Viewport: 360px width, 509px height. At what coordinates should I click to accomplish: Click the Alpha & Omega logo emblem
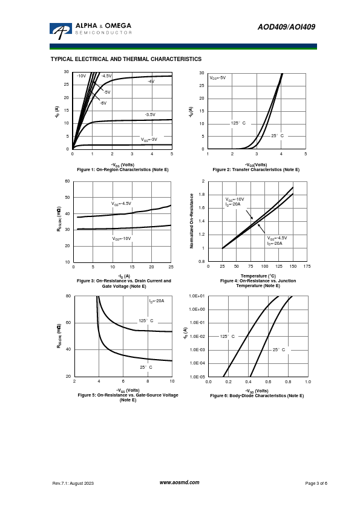coord(61,31)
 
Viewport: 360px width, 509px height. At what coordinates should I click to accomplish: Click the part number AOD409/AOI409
coord(286,27)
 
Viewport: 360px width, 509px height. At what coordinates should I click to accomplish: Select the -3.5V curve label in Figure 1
coord(150,115)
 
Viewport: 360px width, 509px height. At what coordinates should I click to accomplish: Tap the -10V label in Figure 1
coord(81,76)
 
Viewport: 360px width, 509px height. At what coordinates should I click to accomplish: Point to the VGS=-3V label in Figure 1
coord(149,139)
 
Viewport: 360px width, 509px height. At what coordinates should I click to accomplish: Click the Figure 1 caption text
coord(123,169)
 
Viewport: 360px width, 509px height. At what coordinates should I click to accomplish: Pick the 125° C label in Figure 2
coord(238,123)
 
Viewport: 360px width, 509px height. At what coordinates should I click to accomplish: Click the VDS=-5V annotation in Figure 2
coord(218,78)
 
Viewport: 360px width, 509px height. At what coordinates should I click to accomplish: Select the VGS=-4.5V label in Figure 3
coord(121,204)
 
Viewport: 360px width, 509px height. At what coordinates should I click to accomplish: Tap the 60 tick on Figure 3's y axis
coord(67,181)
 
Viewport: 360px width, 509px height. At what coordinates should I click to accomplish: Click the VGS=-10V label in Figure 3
coord(122,239)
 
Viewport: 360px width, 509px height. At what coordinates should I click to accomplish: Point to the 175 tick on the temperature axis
coord(307,266)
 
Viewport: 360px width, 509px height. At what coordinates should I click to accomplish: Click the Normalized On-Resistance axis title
coord(192,221)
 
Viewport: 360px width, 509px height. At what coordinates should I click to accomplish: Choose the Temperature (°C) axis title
coord(258,276)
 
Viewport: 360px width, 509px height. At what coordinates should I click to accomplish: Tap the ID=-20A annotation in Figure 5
coord(157,301)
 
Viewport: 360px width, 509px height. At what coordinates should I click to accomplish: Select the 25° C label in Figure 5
coord(146,367)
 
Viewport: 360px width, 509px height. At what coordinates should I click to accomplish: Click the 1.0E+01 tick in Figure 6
coord(197,296)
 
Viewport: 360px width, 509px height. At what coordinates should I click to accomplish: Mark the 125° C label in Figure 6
coord(227,336)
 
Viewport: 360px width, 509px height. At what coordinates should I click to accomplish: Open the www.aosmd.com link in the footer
coord(179,482)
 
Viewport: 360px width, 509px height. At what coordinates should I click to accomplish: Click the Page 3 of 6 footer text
coord(316,484)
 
